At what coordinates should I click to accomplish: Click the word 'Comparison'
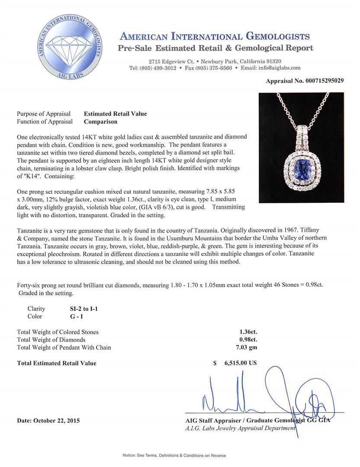click(x=100, y=122)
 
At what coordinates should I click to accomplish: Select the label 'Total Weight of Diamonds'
click(x=51, y=340)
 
